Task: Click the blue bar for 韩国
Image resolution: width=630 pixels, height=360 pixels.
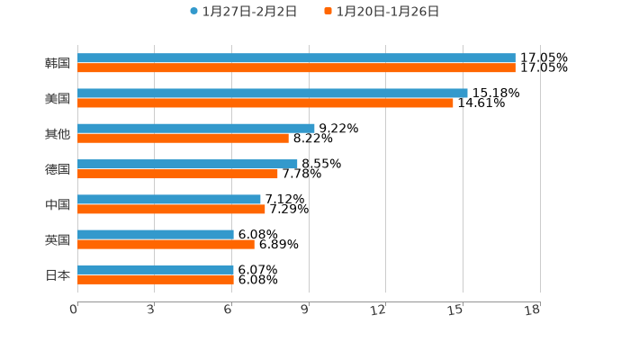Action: [x=296, y=58]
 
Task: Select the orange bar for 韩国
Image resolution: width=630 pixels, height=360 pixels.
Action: [x=296, y=67]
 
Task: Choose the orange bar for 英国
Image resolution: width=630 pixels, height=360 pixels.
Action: [x=166, y=245]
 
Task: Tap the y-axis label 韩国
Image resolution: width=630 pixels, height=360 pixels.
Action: [x=58, y=63]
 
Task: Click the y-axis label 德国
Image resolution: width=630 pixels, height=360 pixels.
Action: [x=58, y=169]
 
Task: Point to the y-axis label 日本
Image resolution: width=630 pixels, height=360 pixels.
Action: [x=58, y=274]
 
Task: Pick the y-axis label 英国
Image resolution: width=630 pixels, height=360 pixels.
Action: [x=58, y=239]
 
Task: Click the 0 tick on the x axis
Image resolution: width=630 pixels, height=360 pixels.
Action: [x=75, y=310]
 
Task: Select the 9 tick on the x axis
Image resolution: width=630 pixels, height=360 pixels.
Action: [x=306, y=310]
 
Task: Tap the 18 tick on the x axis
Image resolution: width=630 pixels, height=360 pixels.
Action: [x=533, y=310]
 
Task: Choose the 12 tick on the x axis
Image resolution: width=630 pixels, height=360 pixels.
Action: [x=379, y=310]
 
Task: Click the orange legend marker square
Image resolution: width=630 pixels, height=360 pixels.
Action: [x=328, y=12]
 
